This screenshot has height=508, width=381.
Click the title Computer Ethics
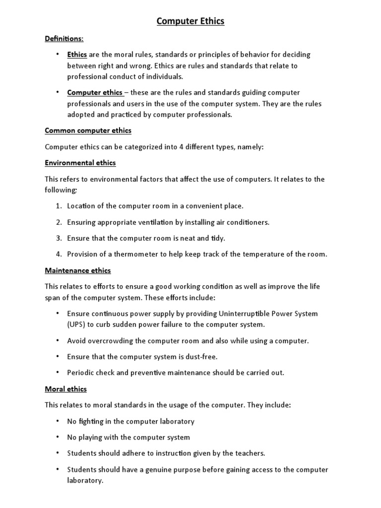click(x=190, y=21)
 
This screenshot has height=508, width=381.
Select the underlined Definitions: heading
click(x=64, y=38)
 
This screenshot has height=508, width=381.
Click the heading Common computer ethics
click(x=88, y=130)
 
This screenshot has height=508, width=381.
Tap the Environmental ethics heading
click(x=80, y=163)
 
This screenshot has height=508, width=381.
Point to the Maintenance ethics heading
click(x=77, y=270)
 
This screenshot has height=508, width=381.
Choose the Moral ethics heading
click(x=65, y=389)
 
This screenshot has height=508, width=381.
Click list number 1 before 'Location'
click(x=58, y=205)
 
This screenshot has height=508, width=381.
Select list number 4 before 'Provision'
click(x=58, y=254)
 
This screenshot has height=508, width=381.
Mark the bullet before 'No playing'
click(x=58, y=437)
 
